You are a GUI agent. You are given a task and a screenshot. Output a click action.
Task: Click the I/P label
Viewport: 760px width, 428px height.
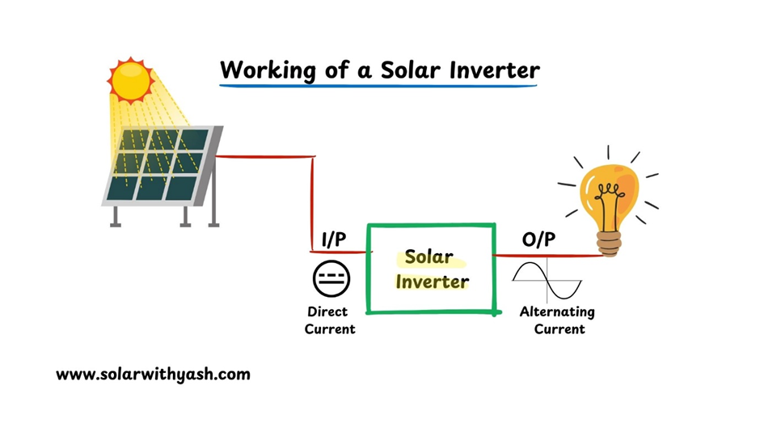[334, 239]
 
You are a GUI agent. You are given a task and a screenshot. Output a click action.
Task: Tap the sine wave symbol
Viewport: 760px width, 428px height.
[547, 280]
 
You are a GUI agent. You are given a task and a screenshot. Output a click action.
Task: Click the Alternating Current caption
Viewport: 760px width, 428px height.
[556, 320]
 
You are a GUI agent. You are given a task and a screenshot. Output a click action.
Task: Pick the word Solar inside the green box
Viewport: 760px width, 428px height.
[429, 257]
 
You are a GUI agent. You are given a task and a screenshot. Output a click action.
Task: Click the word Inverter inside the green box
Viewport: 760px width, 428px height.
[432, 282]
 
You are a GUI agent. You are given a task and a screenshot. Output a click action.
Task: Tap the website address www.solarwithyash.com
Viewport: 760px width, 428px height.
[153, 375]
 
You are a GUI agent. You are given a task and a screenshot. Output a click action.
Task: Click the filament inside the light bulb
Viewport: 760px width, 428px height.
[609, 194]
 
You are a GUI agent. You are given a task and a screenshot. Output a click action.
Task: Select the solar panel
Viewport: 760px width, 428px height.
[160, 165]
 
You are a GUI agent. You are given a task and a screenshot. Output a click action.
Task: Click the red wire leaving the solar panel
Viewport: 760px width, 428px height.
[267, 156]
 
